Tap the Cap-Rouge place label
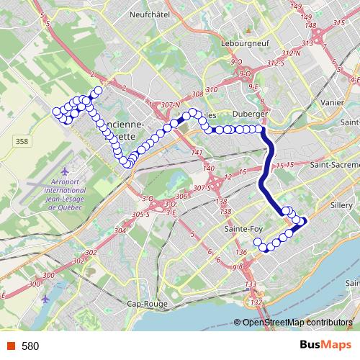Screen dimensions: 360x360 click(x=147, y=304)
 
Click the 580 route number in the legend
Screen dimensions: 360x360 click(x=30, y=346)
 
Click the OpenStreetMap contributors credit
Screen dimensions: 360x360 click(x=297, y=322)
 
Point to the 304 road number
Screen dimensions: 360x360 click(x=120, y=230)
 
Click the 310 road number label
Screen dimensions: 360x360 click(x=211, y=89)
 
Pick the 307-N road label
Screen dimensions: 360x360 click(x=171, y=105)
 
